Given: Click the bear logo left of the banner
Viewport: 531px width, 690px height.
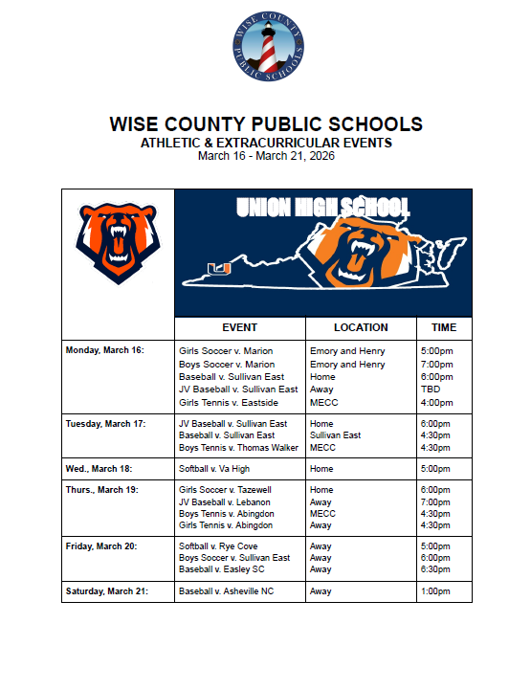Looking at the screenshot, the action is tap(117, 242).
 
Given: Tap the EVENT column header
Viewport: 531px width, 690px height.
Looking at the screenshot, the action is tap(239, 327).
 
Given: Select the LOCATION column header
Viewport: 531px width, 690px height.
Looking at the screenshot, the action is tap(361, 327).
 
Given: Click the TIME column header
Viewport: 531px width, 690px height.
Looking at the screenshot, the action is tap(444, 327).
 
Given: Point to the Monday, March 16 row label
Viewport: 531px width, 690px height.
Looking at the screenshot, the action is tap(104, 350).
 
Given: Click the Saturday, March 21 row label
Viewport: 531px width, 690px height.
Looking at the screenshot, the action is tap(106, 591).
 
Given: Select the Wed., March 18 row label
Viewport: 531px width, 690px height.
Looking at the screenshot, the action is tap(99, 469).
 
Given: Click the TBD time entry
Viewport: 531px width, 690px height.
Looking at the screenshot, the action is tap(430, 390).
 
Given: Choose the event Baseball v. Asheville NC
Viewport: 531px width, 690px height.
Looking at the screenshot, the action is tap(226, 591).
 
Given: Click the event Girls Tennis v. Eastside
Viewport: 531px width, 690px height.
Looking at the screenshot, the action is tap(230, 403).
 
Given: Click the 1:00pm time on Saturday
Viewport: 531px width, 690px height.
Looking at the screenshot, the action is tap(435, 591).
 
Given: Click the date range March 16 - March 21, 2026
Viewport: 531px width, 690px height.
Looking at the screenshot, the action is tap(265, 156).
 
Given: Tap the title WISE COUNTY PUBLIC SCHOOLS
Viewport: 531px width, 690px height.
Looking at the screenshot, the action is tap(265, 125).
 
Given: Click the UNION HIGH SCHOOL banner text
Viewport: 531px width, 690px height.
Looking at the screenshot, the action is tap(322, 208).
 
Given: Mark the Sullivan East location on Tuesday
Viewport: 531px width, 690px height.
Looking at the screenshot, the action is tap(335, 435).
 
